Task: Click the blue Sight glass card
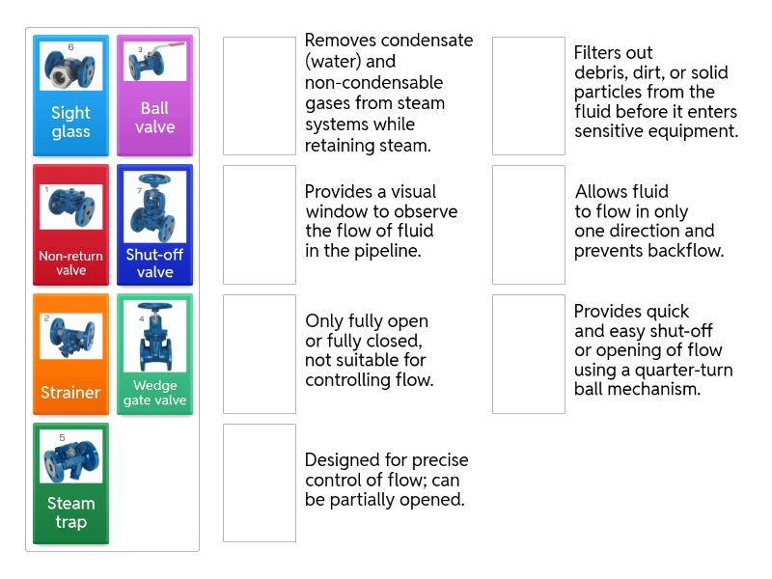[x=70, y=96]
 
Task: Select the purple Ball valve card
[x=154, y=96]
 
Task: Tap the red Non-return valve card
[x=70, y=225]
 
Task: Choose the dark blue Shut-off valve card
[x=154, y=225]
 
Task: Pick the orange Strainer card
[x=70, y=354]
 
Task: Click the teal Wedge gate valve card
[x=154, y=354]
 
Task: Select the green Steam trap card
[x=70, y=483]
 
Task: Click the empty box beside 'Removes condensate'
[x=259, y=96]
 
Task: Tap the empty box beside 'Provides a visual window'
[x=259, y=225]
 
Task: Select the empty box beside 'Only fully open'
[x=259, y=354]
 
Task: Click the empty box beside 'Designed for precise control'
[x=259, y=482]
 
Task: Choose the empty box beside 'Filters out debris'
[x=528, y=96]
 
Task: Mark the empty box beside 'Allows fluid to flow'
[x=528, y=225]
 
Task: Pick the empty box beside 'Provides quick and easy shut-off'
[x=528, y=354]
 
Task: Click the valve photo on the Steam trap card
[x=70, y=456]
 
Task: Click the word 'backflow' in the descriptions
[x=687, y=251]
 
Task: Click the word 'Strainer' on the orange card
[x=70, y=393]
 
